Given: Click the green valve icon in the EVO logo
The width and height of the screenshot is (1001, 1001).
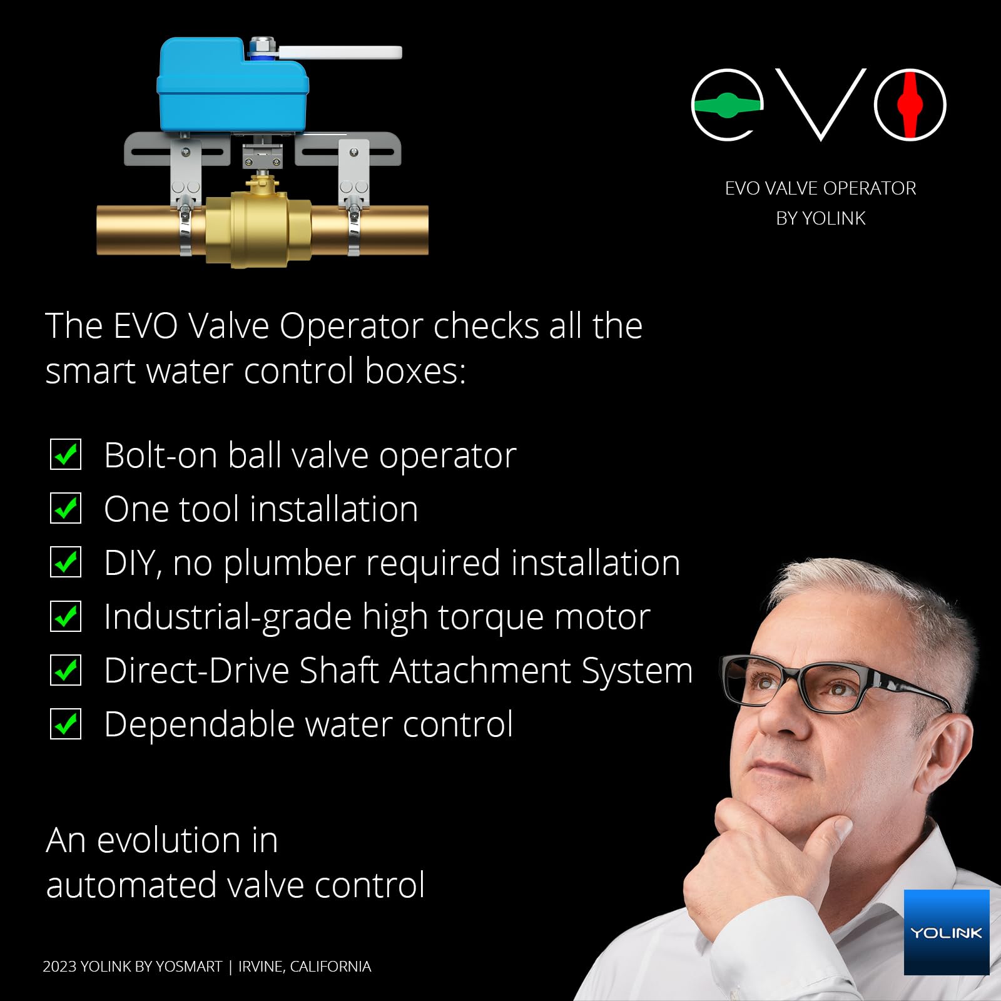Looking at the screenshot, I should click(727, 105).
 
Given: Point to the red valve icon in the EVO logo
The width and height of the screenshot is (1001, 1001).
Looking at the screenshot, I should click(910, 104).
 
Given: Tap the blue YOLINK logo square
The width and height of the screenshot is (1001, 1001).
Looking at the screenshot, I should click(946, 932).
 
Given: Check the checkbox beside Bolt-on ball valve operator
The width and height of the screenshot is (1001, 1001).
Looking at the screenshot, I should click(66, 455).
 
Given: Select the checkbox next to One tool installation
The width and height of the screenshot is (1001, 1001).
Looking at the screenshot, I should click(66, 509).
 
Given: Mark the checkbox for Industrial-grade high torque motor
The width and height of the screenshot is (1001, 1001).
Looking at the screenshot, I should click(66, 616).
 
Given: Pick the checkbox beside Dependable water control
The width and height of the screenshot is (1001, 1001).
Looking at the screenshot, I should click(66, 724).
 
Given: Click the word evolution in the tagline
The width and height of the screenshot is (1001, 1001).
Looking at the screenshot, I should click(169, 840).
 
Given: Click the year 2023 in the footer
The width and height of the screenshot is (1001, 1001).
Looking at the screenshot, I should click(59, 967).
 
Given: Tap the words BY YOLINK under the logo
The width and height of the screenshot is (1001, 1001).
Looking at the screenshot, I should click(820, 218).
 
